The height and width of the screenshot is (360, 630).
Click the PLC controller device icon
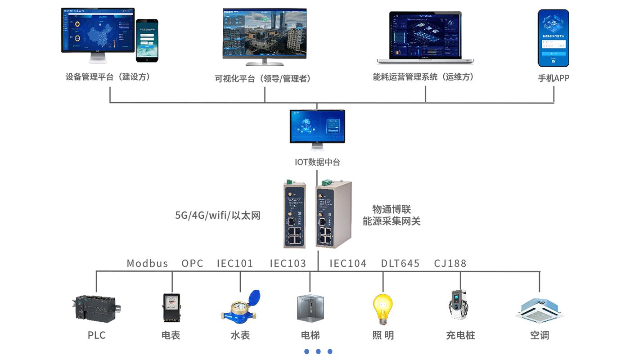pos(97,308)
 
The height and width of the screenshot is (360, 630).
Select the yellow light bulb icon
pos(382,309)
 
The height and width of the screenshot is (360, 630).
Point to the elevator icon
pos(310,308)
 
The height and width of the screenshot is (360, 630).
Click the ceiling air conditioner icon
pos(539,310)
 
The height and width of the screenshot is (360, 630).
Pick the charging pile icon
pos(459,305)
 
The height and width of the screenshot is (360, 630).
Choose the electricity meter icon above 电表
pos(171,308)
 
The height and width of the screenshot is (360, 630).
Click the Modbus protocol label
pos(147,263)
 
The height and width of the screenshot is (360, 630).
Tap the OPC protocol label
pos(192,263)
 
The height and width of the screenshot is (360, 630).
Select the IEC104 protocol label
pos(348,263)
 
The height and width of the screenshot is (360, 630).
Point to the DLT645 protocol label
pos(400,263)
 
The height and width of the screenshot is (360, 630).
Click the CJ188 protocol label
pos(450,263)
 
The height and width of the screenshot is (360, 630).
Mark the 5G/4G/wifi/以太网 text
pos(218,215)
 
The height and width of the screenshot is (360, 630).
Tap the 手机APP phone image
pos(553,38)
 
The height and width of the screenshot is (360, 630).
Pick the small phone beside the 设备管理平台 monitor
pos(147,40)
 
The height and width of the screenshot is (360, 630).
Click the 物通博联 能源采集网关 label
pos(391,215)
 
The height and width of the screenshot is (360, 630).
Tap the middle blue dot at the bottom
pos(318,351)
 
